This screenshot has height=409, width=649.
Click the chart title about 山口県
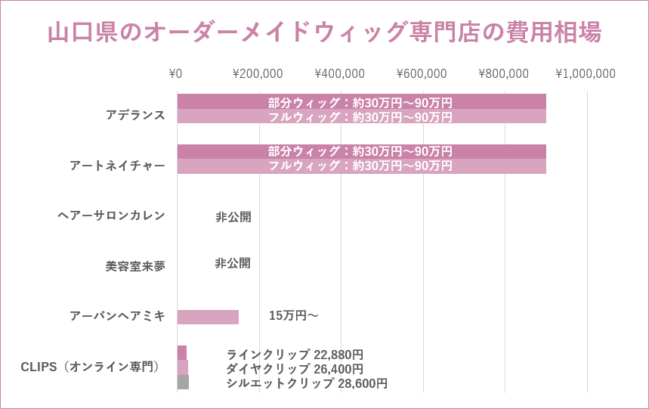click(324, 33)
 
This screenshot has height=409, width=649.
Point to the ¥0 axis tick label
click(175, 73)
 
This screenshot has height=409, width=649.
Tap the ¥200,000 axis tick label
click(258, 73)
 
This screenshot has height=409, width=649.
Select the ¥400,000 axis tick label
click(339, 73)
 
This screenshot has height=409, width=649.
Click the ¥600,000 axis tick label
click(422, 73)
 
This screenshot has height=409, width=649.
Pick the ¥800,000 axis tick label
click(503, 73)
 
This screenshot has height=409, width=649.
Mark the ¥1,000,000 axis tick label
click(586, 73)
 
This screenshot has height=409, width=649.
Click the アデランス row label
click(135, 115)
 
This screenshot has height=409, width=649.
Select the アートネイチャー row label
click(117, 165)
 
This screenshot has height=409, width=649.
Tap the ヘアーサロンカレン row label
click(111, 215)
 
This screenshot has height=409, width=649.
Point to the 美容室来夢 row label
click(135, 266)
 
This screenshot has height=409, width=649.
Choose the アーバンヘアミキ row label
click(117, 316)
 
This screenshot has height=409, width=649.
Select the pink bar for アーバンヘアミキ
click(208, 317)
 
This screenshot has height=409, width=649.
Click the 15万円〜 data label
click(294, 315)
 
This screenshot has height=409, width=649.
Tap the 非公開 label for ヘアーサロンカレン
click(233, 217)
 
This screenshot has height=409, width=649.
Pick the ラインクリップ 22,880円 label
click(295, 355)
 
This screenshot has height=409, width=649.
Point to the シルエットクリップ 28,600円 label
click(307, 383)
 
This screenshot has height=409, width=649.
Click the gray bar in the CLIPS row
click(183, 382)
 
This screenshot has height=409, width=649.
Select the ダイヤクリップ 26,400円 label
click(295, 369)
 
